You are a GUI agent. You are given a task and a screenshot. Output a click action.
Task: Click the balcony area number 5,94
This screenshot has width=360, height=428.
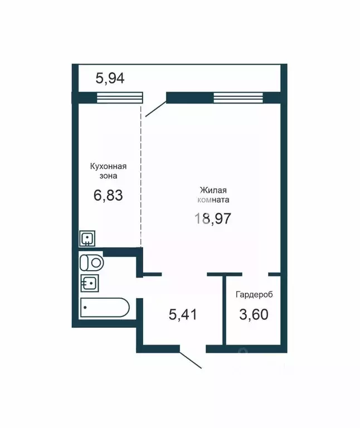(110, 78)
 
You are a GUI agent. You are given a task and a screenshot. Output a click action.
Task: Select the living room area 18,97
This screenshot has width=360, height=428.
(212, 217)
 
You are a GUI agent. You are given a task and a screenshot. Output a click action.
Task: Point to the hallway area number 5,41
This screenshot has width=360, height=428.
(183, 314)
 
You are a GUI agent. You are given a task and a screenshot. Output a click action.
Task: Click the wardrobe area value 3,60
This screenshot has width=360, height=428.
(254, 314)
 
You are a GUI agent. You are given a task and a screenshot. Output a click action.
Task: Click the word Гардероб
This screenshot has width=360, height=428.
(254, 294)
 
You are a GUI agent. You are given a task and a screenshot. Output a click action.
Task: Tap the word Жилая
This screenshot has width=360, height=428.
(213, 189)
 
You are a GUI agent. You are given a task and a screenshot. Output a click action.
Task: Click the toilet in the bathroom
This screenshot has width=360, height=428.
(92, 261)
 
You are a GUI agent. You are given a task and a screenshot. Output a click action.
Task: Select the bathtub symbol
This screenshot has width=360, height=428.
(105, 307)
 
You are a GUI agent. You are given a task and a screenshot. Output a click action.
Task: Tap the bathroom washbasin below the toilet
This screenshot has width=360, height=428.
(89, 283)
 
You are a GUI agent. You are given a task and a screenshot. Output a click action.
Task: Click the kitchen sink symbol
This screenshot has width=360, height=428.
(87, 239)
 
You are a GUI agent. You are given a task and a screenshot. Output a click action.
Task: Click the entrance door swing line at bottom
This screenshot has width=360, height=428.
(191, 360)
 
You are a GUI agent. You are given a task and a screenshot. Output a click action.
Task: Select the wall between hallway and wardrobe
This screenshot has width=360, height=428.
(225, 309)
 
